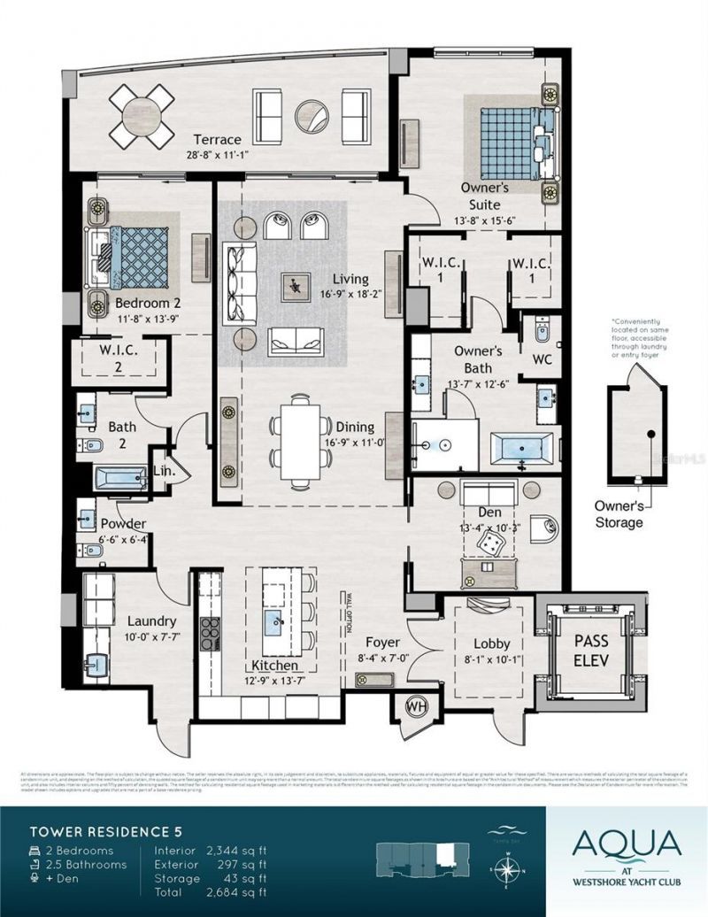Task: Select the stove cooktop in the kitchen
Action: click(x=211, y=632)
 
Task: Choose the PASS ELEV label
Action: click(x=591, y=648)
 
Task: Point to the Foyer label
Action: click(x=382, y=642)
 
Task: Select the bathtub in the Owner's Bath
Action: click(x=524, y=450)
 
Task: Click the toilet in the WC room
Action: click(x=542, y=334)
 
